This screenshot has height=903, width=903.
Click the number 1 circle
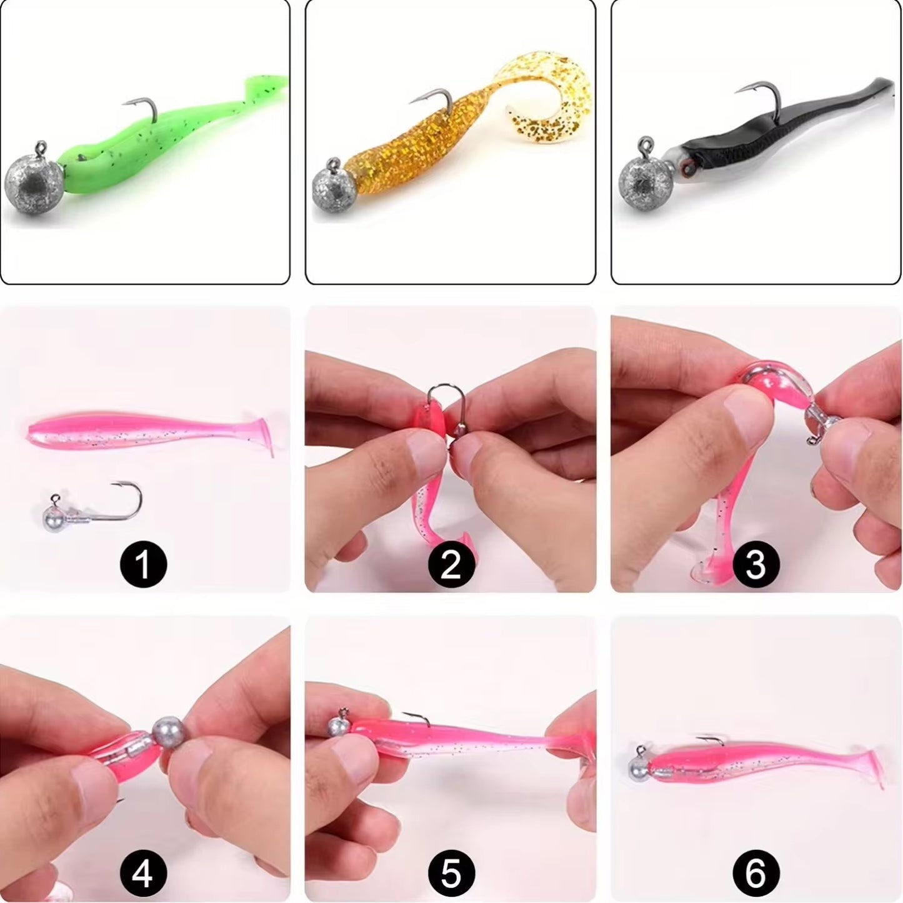[143, 564]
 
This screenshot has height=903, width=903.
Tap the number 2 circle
[451, 564]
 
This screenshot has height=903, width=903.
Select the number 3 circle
[755, 564]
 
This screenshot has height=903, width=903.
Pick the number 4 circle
[143, 872]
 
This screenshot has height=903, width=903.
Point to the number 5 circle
[451, 872]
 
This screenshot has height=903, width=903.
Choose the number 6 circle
[755, 872]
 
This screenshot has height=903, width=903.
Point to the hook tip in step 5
[404, 714]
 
